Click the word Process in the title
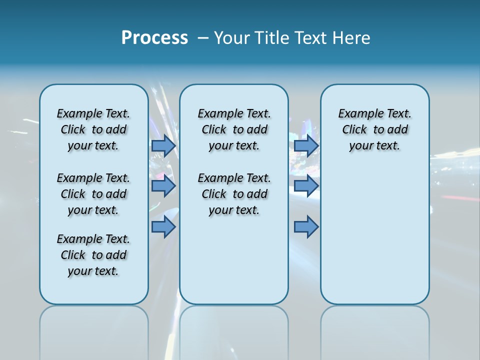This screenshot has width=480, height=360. [154, 37]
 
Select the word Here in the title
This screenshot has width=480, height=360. [350, 37]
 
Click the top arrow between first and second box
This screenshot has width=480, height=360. [163, 145]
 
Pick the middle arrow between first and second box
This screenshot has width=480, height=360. [163, 186]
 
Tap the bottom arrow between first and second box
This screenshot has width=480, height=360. [163, 227]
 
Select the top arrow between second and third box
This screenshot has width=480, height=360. [306, 145]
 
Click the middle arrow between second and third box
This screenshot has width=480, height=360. [306, 186]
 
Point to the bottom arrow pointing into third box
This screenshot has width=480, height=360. [306, 227]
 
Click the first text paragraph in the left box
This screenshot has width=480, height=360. [93, 129]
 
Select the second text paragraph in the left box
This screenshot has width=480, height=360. [93, 194]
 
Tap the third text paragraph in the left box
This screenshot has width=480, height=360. [93, 255]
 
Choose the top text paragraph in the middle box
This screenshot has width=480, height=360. [234, 129]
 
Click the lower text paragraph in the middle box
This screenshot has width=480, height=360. [234, 194]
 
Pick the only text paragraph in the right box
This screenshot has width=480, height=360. [374, 129]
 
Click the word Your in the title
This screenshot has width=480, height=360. [231, 37]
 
